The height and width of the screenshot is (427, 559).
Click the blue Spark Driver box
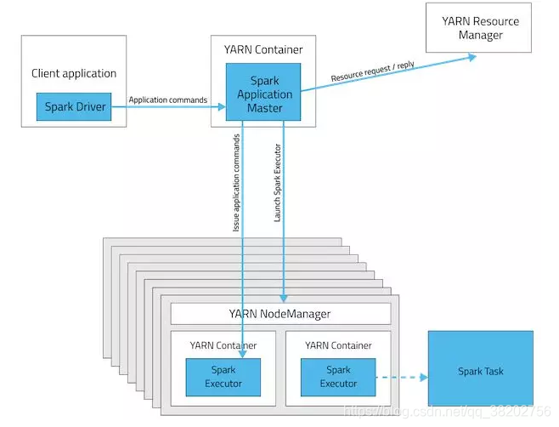[74, 107]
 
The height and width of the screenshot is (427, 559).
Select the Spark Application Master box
[263, 92]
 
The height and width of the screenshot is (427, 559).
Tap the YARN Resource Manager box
[478, 28]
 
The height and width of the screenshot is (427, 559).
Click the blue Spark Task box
[481, 368]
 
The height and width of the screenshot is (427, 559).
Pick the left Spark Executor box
[223, 378]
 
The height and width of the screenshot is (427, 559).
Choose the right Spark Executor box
[338, 378]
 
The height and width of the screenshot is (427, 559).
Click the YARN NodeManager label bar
[281, 314]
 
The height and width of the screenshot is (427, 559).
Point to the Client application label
[74, 73]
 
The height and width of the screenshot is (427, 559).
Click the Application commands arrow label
[168, 100]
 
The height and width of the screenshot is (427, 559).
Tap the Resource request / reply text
[373, 71]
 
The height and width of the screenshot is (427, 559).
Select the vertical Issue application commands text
[236, 183]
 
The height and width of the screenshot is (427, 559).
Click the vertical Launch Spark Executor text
[277, 183]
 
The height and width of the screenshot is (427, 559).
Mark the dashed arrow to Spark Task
[402, 378]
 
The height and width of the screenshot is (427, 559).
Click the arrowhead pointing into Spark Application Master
[222, 107]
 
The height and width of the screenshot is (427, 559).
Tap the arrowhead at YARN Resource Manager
[472, 57]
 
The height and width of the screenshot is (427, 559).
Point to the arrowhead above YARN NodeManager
[284, 299]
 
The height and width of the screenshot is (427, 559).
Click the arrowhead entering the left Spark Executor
[242, 354]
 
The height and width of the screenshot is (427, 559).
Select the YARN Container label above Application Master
[263, 49]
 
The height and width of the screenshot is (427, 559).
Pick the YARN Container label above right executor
[338, 345]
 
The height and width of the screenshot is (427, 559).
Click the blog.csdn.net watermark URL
[448, 412]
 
